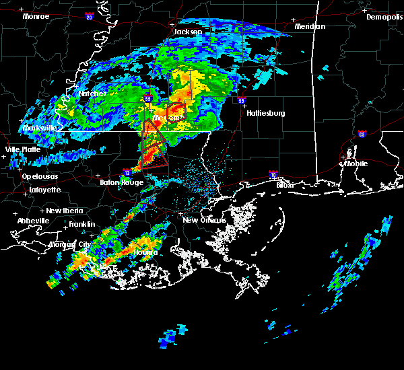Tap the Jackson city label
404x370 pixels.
[188, 32]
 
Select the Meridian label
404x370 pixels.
[310, 26]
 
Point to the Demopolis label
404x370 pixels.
[384, 17]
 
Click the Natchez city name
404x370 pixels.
[93, 94]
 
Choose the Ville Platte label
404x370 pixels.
[22, 149]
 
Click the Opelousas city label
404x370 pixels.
[40, 176]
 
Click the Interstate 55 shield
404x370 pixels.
[147, 99]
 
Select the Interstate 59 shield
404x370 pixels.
[242, 101]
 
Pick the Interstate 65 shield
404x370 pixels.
[362, 134]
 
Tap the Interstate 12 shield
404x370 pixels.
[127, 173]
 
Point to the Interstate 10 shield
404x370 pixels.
[273, 174]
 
